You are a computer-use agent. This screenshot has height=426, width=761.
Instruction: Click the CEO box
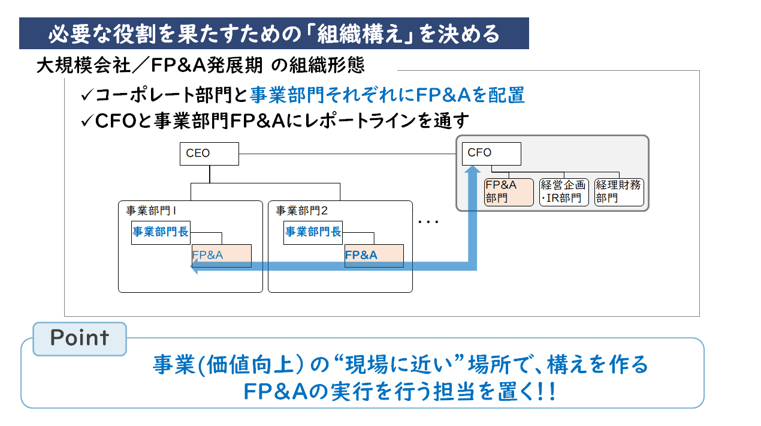(x=209, y=154)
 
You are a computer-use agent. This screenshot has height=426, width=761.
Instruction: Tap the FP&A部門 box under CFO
(x=509, y=192)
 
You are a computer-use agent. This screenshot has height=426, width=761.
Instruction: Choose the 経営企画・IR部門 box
(x=564, y=192)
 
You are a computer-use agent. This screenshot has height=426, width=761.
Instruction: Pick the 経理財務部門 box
(x=619, y=192)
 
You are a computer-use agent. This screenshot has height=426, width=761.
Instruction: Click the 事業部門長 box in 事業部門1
(x=161, y=233)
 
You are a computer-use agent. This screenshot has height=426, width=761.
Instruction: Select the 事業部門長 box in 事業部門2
(x=313, y=233)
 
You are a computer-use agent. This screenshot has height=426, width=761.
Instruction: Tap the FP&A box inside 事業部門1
(x=222, y=255)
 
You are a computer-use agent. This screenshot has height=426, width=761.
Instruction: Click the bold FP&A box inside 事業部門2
(x=374, y=255)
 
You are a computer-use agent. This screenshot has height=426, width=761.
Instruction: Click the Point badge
(x=80, y=338)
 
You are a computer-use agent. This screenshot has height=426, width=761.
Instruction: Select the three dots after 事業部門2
(x=428, y=223)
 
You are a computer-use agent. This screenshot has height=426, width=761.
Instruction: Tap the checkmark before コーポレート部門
(x=86, y=95)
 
